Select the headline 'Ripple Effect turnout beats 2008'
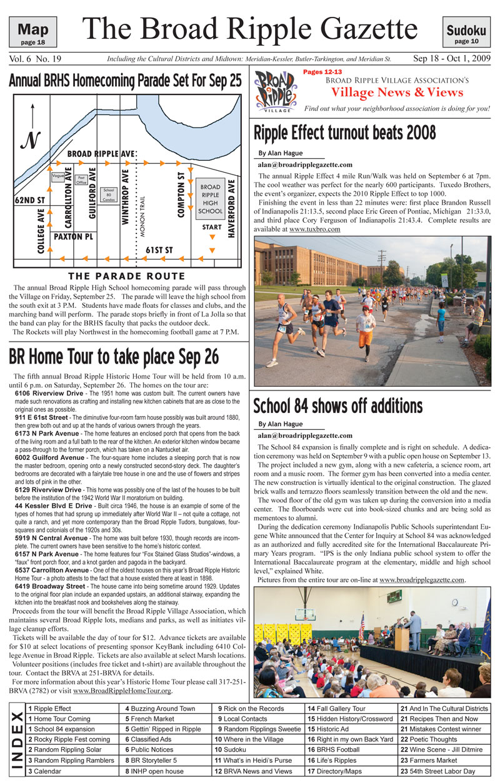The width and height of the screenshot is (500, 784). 344,133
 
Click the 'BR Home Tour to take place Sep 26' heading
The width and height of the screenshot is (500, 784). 114,356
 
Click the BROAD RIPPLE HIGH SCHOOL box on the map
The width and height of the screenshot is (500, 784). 209,199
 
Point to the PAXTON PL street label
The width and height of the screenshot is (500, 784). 73,237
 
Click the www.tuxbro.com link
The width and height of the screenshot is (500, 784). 315,230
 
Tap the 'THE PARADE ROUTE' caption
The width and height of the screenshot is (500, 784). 127,276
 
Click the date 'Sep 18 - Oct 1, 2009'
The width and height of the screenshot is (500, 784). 451,59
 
